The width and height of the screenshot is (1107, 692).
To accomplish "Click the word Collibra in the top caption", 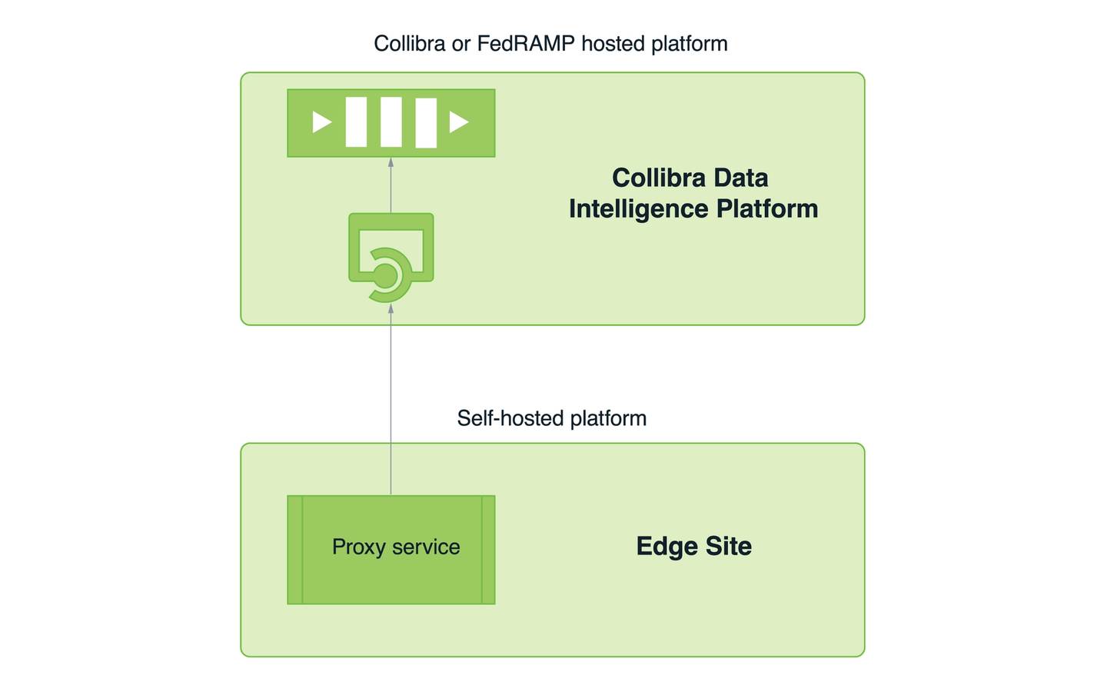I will tap(409, 44).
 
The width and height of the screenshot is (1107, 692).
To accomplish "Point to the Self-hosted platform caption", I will tap(551, 418).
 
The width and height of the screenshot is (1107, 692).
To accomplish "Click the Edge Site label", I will tap(693, 546).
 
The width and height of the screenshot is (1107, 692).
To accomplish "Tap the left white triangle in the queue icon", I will tap(321, 122).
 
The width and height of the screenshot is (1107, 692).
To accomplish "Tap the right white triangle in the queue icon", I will tap(459, 122).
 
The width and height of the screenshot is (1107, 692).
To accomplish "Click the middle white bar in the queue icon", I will tap(391, 122).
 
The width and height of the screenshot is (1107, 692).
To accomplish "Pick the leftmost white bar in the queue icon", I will tap(356, 122).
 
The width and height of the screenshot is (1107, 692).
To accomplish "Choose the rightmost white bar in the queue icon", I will tap(426, 123).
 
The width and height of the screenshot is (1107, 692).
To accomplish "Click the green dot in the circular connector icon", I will tap(384, 274).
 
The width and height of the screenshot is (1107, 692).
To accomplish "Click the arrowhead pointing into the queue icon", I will tap(391, 162).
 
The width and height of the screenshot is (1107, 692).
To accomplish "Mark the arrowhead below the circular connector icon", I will tap(391, 308).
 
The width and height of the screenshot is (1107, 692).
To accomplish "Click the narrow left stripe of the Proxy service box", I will tap(295, 550).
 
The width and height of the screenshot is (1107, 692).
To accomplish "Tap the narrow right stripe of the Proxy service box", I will tap(488, 550).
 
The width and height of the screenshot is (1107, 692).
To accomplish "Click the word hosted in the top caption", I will tap(613, 44).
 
